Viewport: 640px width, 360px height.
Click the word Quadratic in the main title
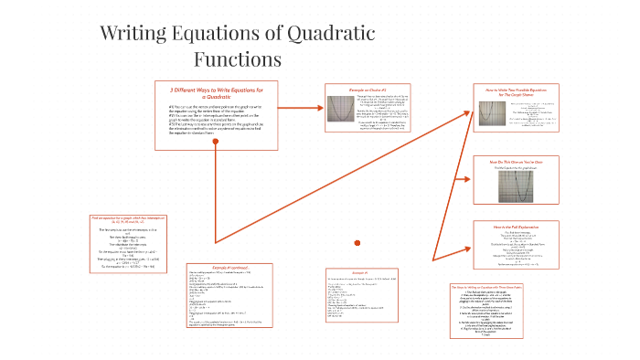tap(318, 34)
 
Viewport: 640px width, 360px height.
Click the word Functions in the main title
tap(238, 59)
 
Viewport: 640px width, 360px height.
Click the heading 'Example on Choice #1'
tap(362, 90)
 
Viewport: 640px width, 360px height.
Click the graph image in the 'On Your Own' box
tap(509, 185)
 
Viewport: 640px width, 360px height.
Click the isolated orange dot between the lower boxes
tap(357, 242)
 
